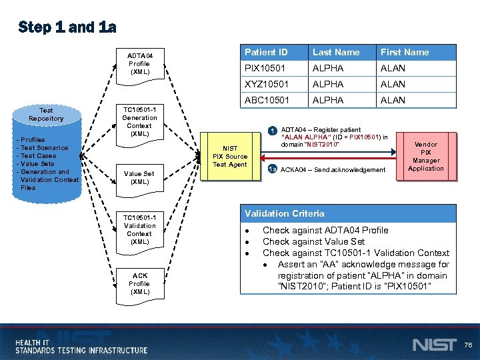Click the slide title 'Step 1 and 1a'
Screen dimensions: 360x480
click(67, 27)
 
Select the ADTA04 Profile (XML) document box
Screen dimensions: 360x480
click(140, 64)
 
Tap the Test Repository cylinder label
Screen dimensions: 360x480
click(46, 114)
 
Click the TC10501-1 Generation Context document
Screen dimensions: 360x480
click(139, 121)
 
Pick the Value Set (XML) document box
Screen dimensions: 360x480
click(139, 177)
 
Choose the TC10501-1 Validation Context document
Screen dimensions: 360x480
click(139, 229)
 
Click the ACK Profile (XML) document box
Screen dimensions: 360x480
click(140, 283)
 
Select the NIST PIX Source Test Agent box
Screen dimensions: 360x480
click(229, 157)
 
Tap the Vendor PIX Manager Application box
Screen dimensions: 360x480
click(426, 156)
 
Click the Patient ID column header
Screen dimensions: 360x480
click(266, 52)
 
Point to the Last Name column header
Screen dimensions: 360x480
click(336, 52)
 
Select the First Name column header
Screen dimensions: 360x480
click(405, 52)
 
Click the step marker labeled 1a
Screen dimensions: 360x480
click(272, 170)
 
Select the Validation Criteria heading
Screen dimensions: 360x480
click(285, 213)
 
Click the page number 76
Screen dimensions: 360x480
click(468, 345)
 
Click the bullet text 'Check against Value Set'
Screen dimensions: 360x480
click(313, 241)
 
